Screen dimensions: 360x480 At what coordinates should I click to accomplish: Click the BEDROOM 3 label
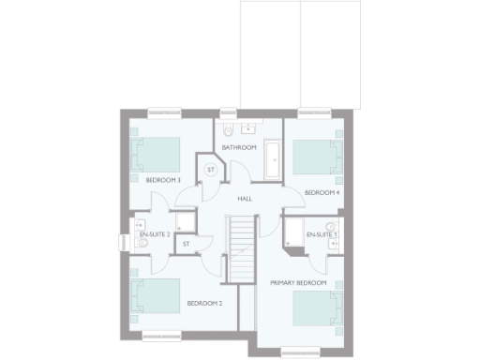click(163, 179)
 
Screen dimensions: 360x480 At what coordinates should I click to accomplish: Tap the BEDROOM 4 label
click(322, 192)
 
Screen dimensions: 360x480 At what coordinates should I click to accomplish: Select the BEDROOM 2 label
click(203, 303)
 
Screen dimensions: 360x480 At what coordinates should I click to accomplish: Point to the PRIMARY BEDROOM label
click(298, 282)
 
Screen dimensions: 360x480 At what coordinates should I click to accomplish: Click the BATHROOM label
click(239, 148)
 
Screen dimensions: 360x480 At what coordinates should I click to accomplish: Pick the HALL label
click(245, 199)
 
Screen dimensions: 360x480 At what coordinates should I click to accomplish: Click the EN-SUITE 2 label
click(155, 233)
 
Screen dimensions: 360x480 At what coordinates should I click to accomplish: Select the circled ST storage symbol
click(211, 170)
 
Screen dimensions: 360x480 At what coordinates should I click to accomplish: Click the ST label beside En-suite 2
click(186, 244)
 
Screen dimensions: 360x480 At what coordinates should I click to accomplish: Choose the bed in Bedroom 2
click(156, 296)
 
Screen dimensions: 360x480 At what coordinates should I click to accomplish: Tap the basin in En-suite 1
click(330, 228)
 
